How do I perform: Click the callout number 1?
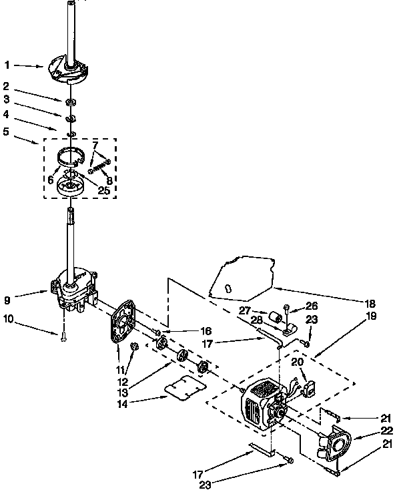(7, 65)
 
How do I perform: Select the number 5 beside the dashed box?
(7, 131)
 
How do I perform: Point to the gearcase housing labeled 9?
(75, 288)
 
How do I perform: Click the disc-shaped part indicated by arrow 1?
(69, 69)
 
